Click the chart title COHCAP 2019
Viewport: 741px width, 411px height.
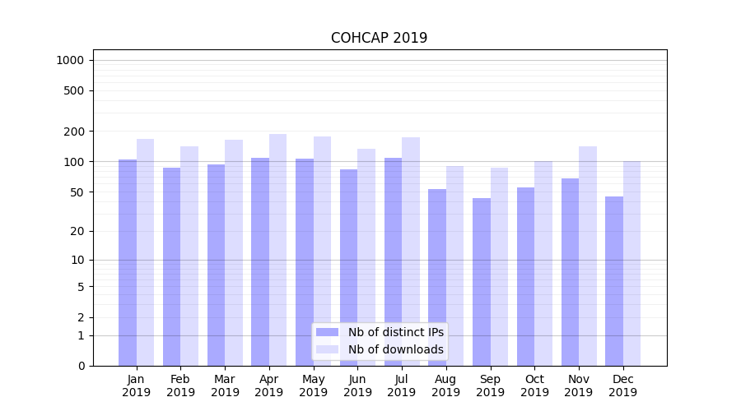coord(379,38)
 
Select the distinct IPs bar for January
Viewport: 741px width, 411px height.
coord(128,263)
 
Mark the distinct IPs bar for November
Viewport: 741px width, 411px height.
coord(570,272)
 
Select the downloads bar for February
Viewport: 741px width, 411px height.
coord(189,256)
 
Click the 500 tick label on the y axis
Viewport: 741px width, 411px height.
coord(75,90)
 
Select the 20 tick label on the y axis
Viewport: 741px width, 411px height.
coord(77,231)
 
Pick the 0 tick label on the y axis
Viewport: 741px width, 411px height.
coord(81,366)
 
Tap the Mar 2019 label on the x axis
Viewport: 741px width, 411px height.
coord(225,386)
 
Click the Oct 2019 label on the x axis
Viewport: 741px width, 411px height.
coord(534,386)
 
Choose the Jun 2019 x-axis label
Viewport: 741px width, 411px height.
coord(357,386)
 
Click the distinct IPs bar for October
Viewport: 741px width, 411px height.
coord(526,276)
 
